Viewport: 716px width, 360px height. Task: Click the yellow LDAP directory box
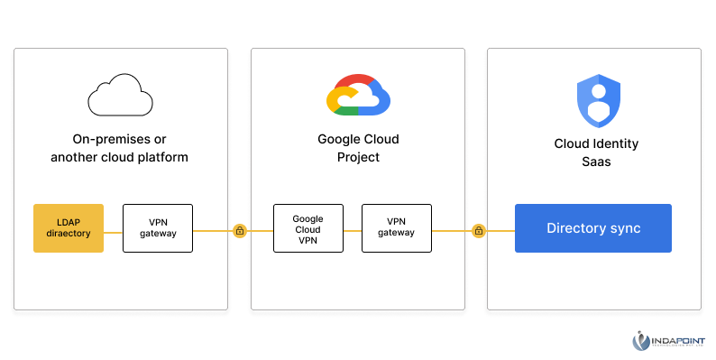(x=69, y=228)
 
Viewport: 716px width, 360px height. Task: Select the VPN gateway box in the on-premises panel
(x=157, y=228)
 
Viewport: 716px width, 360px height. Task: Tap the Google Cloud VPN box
(x=308, y=227)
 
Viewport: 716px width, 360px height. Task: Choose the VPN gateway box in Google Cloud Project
(x=396, y=227)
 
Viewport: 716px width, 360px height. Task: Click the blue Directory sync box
(x=592, y=228)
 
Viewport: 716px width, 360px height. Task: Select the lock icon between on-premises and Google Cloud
(x=239, y=231)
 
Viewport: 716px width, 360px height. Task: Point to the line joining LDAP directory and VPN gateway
(x=113, y=231)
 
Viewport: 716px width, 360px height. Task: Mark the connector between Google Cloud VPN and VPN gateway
(x=352, y=231)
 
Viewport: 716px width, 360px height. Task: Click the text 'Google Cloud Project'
(x=358, y=148)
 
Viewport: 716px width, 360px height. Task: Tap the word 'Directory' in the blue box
(x=572, y=228)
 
